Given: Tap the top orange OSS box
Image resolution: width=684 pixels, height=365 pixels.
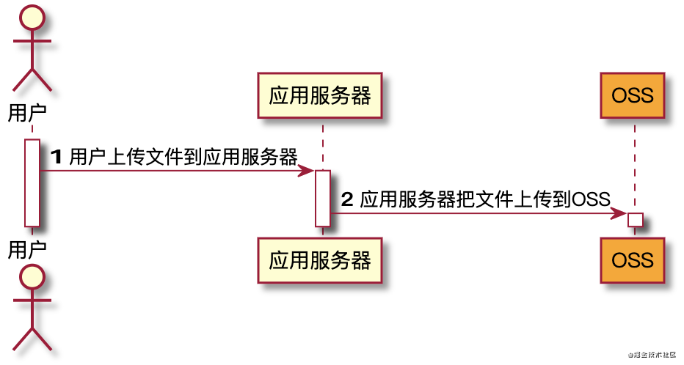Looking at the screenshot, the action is pos(632,95).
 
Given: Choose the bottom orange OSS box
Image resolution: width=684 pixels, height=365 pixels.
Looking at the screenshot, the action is pos(632,259).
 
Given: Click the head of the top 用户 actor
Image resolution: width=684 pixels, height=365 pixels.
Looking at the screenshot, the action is pos(33,16).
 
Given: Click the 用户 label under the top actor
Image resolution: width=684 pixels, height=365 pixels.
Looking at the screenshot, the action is pos(28,113).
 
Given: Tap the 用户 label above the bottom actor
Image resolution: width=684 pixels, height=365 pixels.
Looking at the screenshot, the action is pos(28,249).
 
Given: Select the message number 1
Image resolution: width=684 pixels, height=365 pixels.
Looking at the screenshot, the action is pos(57,157).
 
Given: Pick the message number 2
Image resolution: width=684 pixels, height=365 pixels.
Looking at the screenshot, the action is pos(348,199).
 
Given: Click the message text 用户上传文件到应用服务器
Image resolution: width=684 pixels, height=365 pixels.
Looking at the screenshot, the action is pos(183,157).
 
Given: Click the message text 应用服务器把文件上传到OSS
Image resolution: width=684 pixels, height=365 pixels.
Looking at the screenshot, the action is pos(485,199).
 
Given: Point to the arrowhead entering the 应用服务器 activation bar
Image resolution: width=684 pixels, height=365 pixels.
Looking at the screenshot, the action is pos(308,171).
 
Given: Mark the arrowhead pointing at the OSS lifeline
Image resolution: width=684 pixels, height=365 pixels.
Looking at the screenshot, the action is pos(620,213).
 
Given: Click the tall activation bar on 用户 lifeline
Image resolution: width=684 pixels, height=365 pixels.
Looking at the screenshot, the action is pos(32,182).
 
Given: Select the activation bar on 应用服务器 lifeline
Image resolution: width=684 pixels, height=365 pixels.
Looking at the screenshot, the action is pos(323,198).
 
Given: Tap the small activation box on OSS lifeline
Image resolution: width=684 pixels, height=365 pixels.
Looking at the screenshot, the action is pos(636,219).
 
